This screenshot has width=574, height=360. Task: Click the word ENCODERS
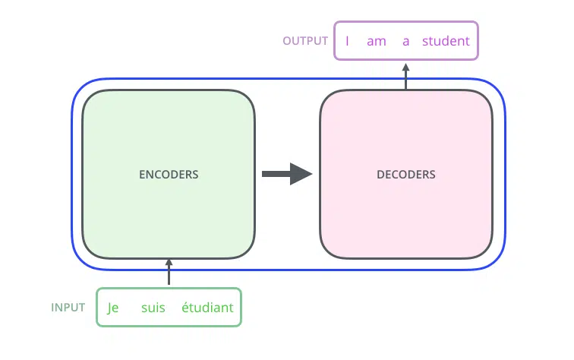(169, 175)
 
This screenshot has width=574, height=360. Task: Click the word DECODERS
(406, 175)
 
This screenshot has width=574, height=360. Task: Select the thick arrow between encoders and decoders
(287, 174)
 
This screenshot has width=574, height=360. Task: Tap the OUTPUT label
(305, 41)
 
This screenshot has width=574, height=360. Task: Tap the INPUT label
(68, 308)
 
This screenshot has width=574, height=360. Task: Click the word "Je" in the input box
(112, 308)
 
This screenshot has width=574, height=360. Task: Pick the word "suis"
(153, 308)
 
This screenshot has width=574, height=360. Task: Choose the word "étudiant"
(207, 308)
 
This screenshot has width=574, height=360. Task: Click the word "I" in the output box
(347, 41)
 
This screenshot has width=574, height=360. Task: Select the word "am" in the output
(377, 41)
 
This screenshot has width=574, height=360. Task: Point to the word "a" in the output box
(405, 41)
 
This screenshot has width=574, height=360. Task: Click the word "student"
(446, 41)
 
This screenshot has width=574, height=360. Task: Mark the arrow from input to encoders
(169, 272)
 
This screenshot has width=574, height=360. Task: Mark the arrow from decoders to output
(405, 76)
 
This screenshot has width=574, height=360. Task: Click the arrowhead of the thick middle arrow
(301, 174)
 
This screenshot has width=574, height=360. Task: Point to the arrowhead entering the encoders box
(169, 262)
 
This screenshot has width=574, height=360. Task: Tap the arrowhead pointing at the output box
(405, 67)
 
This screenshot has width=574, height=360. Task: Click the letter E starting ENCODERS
(142, 175)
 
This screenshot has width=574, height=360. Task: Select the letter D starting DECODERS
(380, 175)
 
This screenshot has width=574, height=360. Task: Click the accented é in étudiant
(185, 307)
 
